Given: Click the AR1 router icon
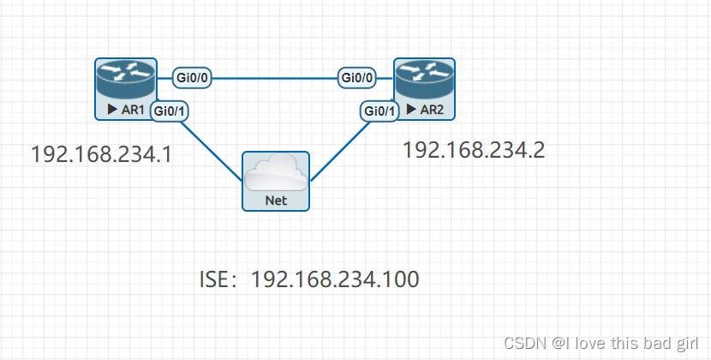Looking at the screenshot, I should coord(125,80).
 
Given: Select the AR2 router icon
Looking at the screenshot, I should coord(424,80).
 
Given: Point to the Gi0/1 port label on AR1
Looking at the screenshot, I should coord(170,110).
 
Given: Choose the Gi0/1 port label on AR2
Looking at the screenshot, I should coord(379,111).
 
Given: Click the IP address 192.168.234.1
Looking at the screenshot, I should coord(102,154).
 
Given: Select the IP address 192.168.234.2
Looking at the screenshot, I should coord(474,150).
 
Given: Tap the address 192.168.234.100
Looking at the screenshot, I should coord(334,280).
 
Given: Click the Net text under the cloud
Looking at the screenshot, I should coord(275,201).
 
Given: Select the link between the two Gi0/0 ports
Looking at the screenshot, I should coord(274,78).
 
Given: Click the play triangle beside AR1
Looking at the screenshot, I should coord(112,110).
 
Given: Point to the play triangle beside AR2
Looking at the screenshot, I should coord(413,109).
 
